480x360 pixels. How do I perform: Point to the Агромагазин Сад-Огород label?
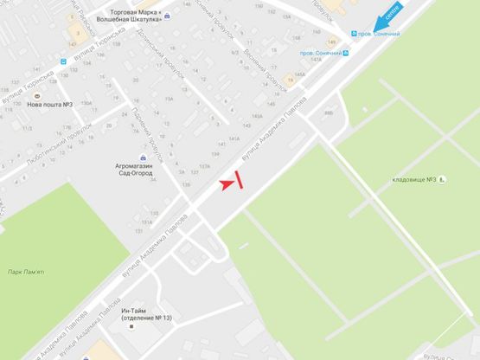pyautogui.click(x=133, y=169)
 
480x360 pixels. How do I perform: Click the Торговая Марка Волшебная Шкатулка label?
pyautogui.click(x=144, y=17)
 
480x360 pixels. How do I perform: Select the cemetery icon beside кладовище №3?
pyautogui.click(x=442, y=179)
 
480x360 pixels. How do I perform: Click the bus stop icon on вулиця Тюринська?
pyautogui.click(x=63, y=62)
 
